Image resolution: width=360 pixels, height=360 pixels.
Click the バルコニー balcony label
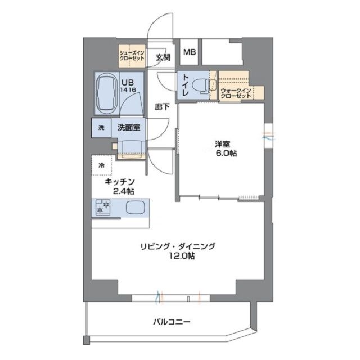pos(171,322)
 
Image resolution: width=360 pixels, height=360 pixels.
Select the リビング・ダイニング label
pos(178,246)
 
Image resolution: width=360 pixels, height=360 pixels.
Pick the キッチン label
pos(120,182)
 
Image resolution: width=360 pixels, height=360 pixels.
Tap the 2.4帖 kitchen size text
pos(123,191)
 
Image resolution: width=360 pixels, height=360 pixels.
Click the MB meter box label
pos(189,52)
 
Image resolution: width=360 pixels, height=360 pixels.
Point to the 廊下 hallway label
pos(162,106)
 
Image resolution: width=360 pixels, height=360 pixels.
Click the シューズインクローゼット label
pos(132,55)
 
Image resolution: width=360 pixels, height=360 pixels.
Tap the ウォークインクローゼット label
pos(235,93)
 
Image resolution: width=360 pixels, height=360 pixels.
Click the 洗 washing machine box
pos(101,128)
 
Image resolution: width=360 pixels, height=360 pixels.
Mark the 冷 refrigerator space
pos(102,165)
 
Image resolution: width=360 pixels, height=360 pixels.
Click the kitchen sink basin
pos(136,208)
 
